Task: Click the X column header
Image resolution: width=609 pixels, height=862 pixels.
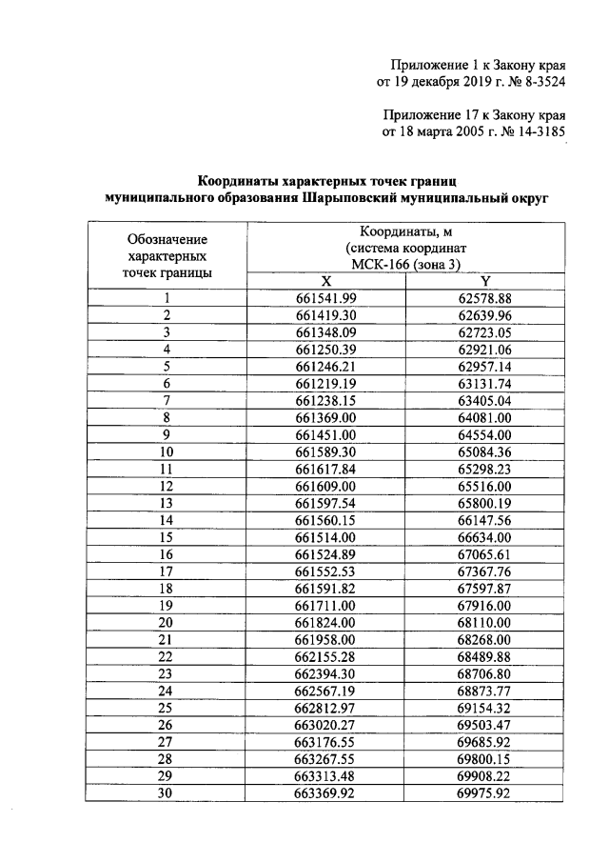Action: [x=325, y=281]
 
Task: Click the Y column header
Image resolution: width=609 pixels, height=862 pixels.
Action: [x=484, y=281]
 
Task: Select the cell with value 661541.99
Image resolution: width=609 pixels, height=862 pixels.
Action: [x=325, y=298]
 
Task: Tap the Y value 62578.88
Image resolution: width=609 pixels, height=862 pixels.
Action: [x=484, y=298]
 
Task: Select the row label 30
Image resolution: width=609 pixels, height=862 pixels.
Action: [x=167, y=794]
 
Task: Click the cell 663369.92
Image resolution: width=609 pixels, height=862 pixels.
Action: [x=325, y=794]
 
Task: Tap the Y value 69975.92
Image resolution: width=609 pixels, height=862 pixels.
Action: [x=484, y=794]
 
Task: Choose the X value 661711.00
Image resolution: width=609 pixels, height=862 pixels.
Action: [x=325, y=606]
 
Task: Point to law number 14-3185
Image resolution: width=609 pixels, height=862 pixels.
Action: [x=537, y=132]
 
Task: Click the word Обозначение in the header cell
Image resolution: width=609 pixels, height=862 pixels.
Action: [x=167, y=239]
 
